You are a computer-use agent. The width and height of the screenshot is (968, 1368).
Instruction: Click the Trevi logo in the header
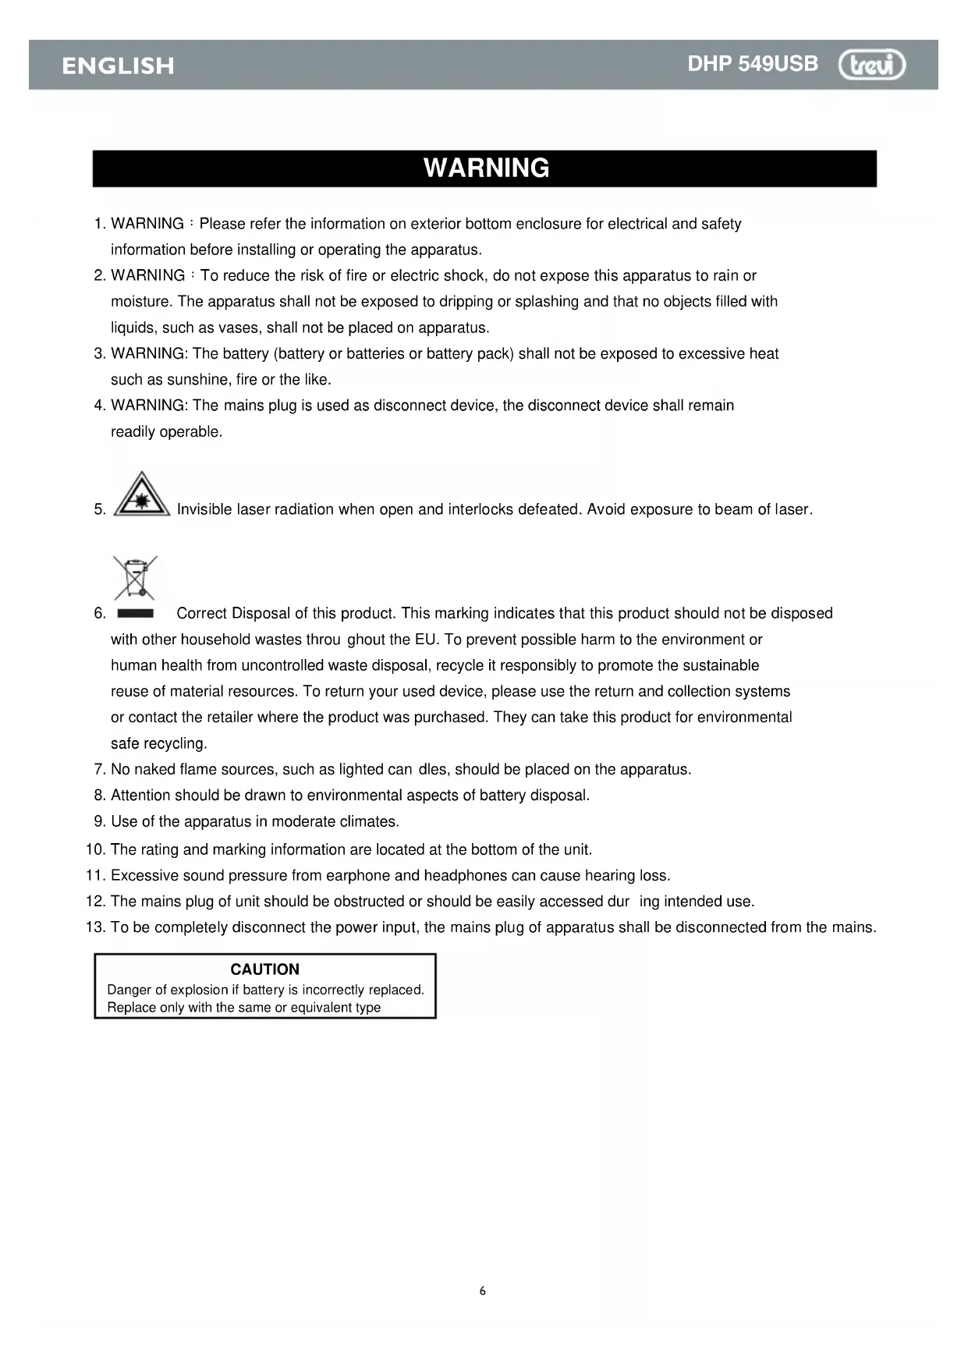(x=872, y=65)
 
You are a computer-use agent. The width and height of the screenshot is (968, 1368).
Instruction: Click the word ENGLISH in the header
(x=118, y=66)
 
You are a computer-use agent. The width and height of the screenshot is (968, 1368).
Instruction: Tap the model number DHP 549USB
(x=753, y=64)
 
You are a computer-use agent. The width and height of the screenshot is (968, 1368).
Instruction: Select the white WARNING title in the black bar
(x=486, y=168)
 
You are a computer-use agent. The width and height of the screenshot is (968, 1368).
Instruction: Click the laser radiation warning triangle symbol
(x=141, y=494)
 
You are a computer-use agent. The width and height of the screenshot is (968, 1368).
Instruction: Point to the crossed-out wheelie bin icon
(x=135, y=576)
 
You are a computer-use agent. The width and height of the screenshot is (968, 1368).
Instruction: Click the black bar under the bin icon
(x=135, y=614)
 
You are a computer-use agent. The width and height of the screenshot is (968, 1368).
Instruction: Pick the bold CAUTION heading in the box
(x=264, y=969)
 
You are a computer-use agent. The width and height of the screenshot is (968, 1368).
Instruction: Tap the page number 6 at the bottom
(x=482, y=1291)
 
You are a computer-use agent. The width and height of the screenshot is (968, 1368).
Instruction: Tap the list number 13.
(x=95, y=927)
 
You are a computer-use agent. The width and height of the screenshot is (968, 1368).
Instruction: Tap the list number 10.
(x=95, y=849)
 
